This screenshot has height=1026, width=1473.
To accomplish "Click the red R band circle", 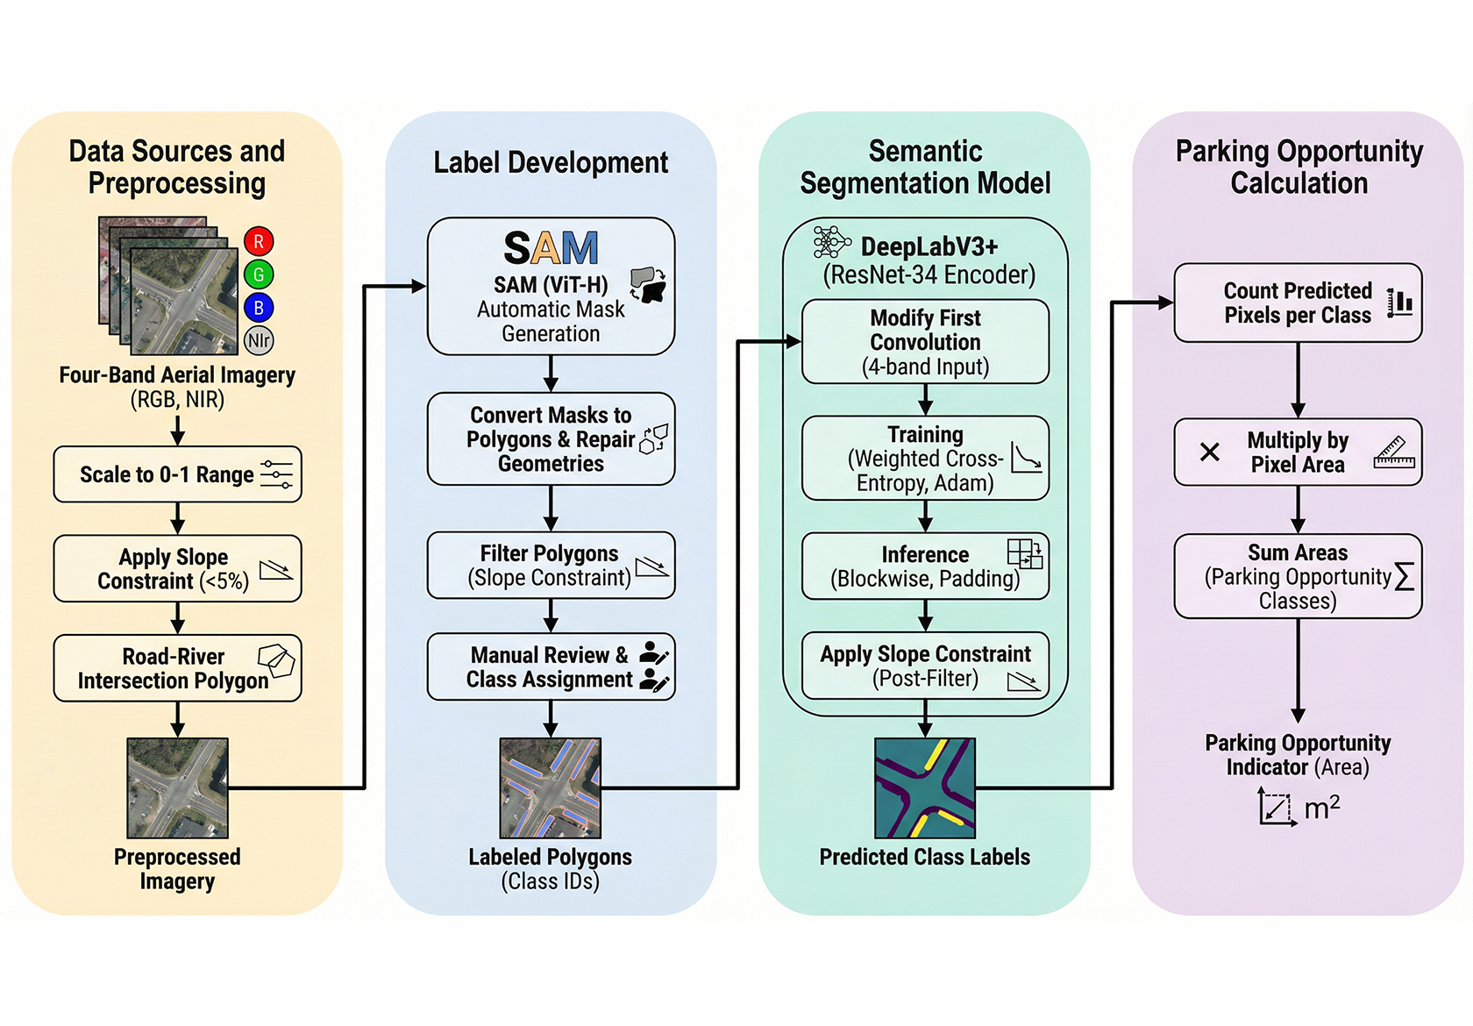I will (259, 241).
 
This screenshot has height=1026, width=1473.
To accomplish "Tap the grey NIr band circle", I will (259, 340).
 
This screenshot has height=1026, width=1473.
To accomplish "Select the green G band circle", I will (259, 274).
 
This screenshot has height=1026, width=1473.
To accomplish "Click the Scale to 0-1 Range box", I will (177, 474).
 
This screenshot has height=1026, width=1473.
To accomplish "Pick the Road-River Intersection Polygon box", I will (177, 668).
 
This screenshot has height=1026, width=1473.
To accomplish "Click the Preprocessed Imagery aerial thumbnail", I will (177, 787).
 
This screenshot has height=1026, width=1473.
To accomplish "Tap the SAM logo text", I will (551, 249).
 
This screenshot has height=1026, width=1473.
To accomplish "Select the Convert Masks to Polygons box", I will (551, 439).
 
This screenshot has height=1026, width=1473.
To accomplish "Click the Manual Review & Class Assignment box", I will (551, 667).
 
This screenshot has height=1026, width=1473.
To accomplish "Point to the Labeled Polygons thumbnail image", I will (551, 787).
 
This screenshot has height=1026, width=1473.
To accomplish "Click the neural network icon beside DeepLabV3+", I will (830, 242).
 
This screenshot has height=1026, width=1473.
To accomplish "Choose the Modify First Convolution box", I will (925, 342).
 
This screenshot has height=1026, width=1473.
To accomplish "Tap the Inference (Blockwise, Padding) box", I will (925, 566).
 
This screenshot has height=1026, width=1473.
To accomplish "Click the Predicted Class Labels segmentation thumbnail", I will (925, 787).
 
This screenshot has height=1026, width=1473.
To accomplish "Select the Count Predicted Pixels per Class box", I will (1298, 303).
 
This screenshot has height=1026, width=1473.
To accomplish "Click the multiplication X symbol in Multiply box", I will (1210, 452).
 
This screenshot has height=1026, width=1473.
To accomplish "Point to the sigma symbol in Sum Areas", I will (1404, 577).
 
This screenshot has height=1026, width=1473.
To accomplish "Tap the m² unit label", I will (1321, 808).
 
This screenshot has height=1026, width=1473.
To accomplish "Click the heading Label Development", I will (551, 163).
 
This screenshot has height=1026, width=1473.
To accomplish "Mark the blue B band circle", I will (259, 308).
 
